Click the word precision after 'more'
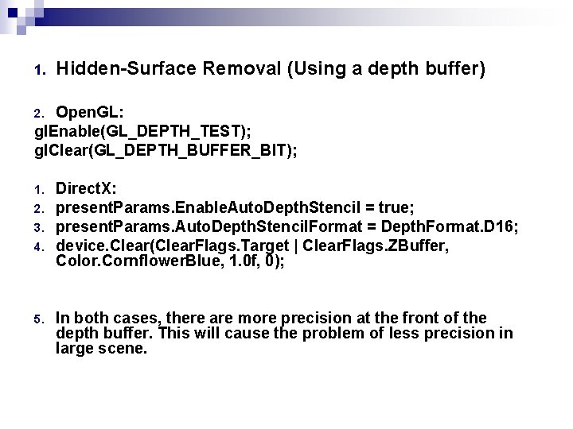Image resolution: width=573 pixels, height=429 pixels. pyautogui.click(x=306, y=318)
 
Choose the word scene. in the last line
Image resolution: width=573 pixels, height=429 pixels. pyautogui.click(x=123, y=348)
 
